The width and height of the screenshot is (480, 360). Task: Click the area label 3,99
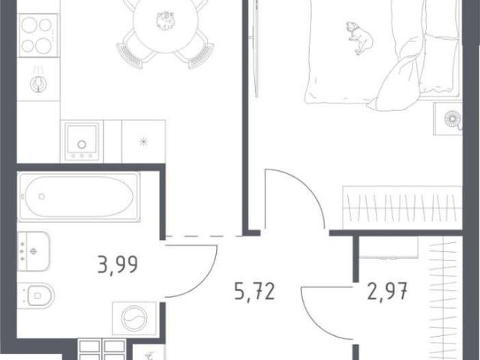pyautogui.click(x=118, y=265)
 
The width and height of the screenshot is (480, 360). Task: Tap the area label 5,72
pyautogui.click(x=254, y=291)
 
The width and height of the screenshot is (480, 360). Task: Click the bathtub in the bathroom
pyautogui.click(x=79, y=196)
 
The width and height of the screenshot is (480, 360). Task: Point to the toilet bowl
pyautogui.click(x=36, y=295)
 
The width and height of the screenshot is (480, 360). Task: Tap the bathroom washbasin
pyautogui.click(x=33, y=251)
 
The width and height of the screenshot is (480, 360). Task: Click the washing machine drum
pyautogui.click(x=134, y=319)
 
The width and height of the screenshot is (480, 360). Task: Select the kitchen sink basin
pyautogui.click(x=82, y=142)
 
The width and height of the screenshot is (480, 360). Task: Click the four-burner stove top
pyautogui.click(x=38, y=35)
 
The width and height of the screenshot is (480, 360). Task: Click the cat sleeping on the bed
pyautogui.click(x=360, y=37)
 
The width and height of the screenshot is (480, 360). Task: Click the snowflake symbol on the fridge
pyautogui.click(x=143, y=142)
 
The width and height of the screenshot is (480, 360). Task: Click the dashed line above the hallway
pyautogui.click(x=203, y=236)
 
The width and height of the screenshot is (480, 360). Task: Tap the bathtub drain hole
pyautogui.click(x=42, y=196)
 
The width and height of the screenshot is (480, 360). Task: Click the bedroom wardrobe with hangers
pyautogui.click(x=402, y=207)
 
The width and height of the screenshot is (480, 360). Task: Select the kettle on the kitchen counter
pyautogui.click(x=37, y=82)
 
